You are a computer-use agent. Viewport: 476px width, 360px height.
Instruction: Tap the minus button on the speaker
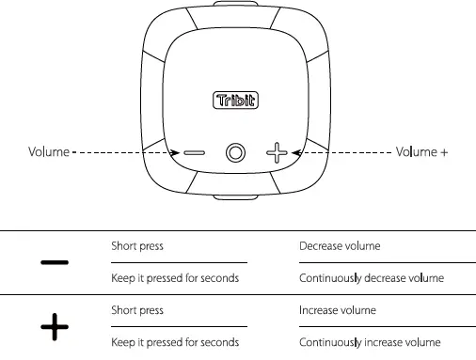(194, 152)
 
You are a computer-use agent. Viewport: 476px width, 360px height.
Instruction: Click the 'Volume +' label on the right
(421, 151)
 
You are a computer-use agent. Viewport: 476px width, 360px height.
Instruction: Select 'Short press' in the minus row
(137, 246)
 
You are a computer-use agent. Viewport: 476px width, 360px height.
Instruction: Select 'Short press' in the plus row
(137, 310)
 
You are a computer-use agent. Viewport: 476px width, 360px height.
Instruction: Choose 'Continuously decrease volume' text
(371, 278)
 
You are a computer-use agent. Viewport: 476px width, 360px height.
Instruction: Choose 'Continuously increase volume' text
(370, 342)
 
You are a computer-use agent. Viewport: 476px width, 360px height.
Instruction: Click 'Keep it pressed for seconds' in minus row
(174, 278)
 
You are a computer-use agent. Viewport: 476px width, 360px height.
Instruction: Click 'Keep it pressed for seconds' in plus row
(174, 342)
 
